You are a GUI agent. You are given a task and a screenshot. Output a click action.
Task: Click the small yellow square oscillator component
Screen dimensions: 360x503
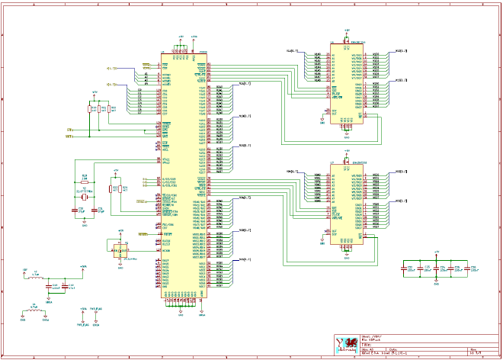coord(118,249)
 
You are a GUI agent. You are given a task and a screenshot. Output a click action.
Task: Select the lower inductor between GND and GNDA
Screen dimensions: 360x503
coord(34,310)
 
